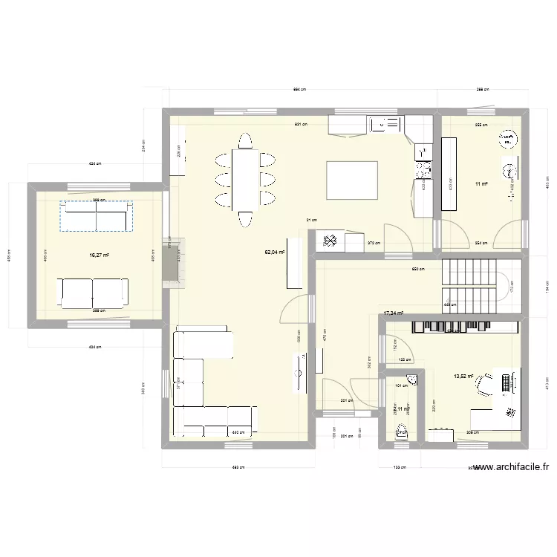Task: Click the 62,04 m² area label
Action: click(x=275, y=253)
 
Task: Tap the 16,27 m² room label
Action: click(x=99, y=255)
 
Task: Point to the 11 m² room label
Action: click(x=481, y=183)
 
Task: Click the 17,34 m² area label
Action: click(x=394, y=313)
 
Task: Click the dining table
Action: click(x=244, y=178)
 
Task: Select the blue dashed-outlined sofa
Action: click(x=97, y=216)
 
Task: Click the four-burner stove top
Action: click(x=423, y=170)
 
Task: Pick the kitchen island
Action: click(x=351, y=180)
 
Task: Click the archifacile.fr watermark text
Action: click(x=510, y=467)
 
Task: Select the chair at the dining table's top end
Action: click(x=244, y=140)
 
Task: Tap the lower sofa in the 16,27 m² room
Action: click(x=94, y=292)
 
